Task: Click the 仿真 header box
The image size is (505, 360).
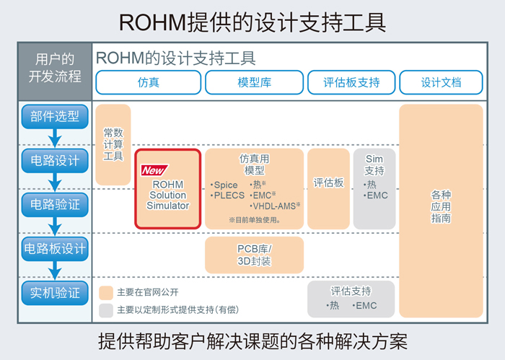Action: click(x=148, y=82)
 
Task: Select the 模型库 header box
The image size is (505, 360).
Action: click(x=254, y=82)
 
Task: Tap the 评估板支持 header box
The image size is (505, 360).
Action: click(x=351, y=82)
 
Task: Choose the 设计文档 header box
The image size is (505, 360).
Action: click(x=441, y=82)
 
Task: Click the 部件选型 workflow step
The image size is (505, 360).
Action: click(x=55, y=115)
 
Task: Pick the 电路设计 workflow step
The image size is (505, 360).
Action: click(x=55, y=159)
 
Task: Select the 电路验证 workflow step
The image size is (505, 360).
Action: click(x=55, y=204)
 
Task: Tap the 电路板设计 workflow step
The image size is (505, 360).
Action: click(x=55, y=250)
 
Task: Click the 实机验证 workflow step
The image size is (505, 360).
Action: click(x=55, y=294)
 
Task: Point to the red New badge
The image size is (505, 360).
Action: click(x=152, y=171)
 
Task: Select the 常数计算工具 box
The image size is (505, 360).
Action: click(x=113, y=144)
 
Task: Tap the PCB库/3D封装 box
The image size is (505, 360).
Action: click(x=254, y=255)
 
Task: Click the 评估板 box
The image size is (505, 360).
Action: click(x=328, y=183)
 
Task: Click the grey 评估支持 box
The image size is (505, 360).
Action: click(x=351, y=299)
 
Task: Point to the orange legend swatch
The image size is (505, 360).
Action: click(x=105, y=293)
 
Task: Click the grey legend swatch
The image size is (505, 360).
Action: click(x=105, y=309)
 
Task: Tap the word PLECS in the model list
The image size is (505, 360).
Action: click(x=231, y=196)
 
